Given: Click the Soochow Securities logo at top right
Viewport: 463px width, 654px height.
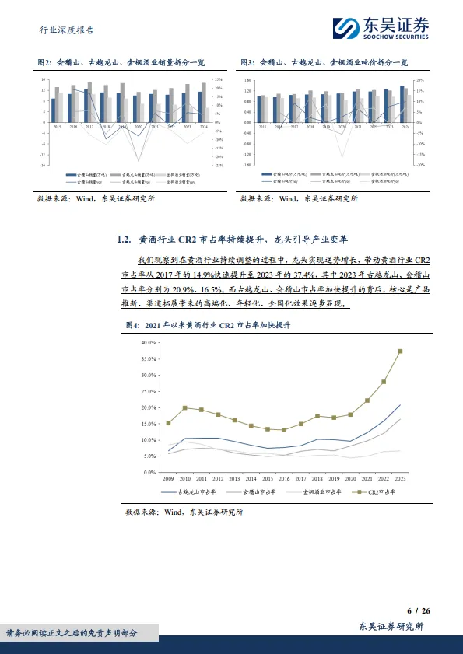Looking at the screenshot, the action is [x=386, y=29].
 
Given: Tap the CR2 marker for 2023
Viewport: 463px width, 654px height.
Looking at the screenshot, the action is [x=400, y=351].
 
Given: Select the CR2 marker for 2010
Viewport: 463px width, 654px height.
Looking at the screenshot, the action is [x=184, y=407].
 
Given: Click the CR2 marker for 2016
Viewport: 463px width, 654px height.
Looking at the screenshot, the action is [x=284, y=430].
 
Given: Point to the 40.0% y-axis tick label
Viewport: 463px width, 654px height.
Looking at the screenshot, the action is [x=149, y=342].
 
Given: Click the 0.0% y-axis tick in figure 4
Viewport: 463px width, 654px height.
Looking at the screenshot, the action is [x=151, y=472].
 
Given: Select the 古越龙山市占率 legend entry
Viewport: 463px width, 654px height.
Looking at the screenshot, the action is [x=188, y=491].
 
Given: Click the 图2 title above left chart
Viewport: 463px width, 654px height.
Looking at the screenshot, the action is [x=128, y=61].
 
